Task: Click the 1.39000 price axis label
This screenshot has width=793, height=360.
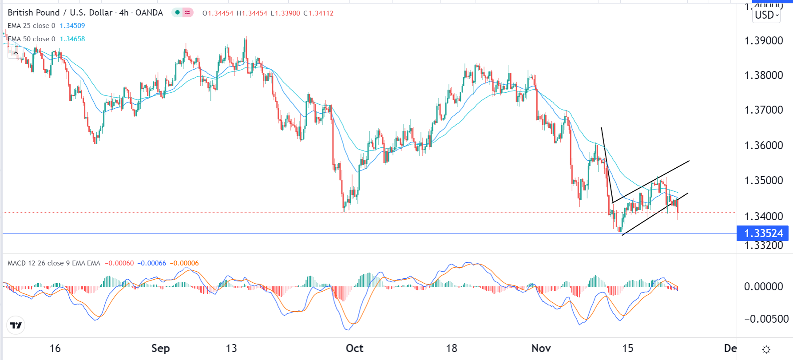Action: pos(763,40)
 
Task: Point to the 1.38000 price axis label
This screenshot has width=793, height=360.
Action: pos(763,75)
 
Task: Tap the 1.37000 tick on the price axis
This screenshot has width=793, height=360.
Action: pos(763,110)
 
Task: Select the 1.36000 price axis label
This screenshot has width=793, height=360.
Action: pos(763,145)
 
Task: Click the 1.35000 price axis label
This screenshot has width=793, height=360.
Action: pos(763,180)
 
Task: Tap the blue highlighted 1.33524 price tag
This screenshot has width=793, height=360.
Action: pos(763,233)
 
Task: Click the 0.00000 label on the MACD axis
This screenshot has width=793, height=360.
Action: pos(763,286)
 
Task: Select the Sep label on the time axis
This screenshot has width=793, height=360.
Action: pos(160,348)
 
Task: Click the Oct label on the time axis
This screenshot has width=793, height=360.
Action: pos(354,348)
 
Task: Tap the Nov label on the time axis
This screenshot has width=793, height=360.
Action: pos(541,348)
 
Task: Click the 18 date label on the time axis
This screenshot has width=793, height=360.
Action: pos(452,348)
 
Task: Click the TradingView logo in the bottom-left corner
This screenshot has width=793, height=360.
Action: pos(16,325)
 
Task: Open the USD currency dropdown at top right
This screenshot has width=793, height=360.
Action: pos(767,15)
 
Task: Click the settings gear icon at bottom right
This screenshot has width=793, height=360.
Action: pos(766,349)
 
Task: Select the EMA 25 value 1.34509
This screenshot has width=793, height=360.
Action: pos(72,26)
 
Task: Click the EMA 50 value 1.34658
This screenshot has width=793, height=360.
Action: pos(72,39)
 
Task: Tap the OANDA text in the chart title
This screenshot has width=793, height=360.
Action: pos(149,13)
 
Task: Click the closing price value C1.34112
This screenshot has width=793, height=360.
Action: pos(318,13)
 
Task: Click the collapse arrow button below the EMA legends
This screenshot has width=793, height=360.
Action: pos(16,53)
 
